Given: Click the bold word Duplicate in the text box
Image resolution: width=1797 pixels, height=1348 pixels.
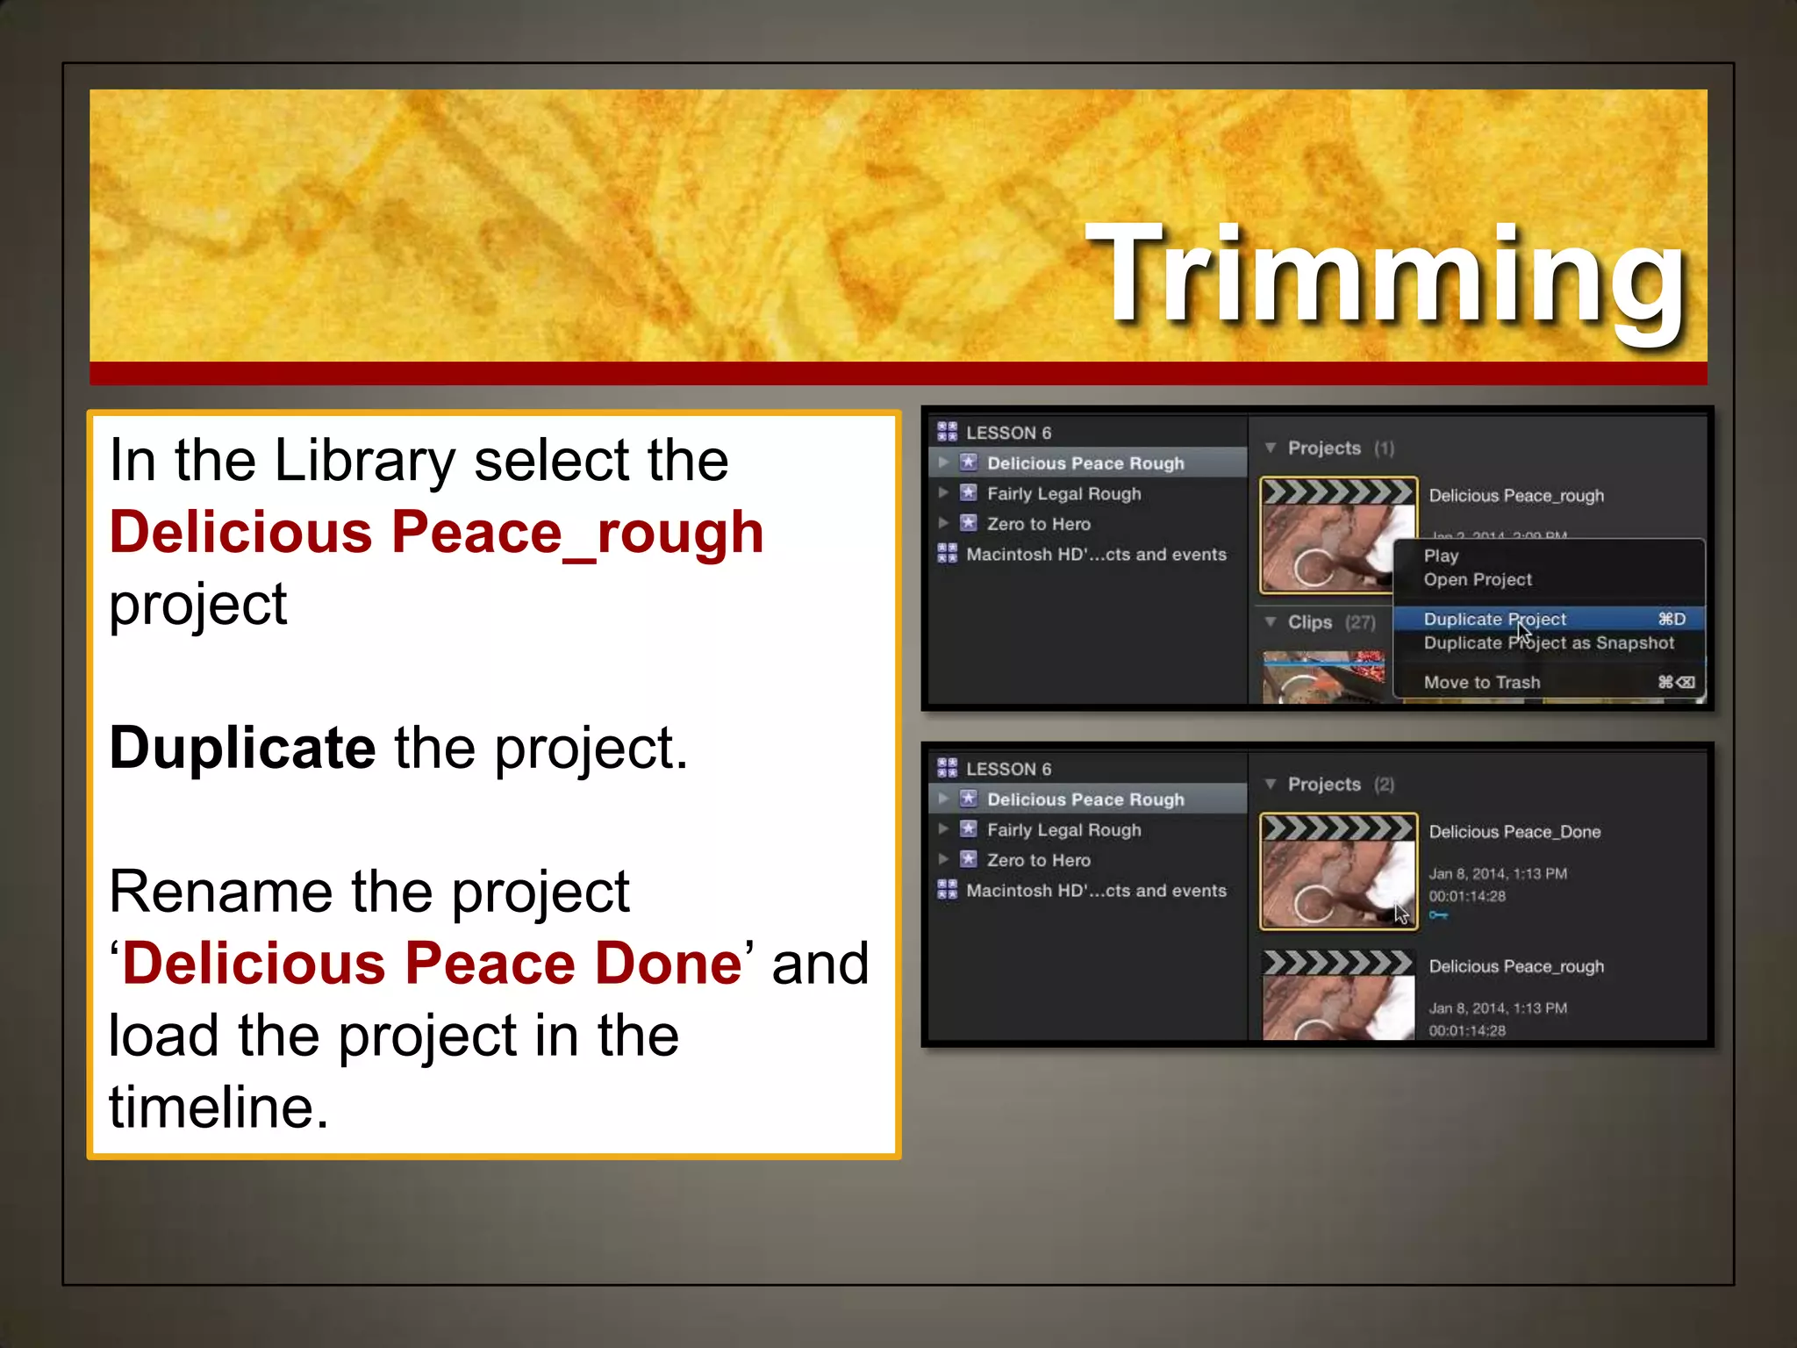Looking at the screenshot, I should (242, 748).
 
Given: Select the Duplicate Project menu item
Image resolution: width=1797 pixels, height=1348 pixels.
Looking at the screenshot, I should (1494, 619).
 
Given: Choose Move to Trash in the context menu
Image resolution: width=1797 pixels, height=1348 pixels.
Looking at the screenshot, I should (1481, 682).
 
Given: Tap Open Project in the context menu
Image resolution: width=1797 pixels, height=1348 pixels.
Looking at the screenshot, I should (1478, 579).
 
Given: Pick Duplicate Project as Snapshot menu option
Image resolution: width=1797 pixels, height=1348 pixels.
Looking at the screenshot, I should (1549, 642).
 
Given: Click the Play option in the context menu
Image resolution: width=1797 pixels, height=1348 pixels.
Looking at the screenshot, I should (1441, 556).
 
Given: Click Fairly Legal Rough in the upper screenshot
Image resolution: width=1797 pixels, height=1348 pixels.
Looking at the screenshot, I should (1063, 493).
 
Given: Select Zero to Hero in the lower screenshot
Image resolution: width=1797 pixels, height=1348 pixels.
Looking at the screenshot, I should (1038, 860).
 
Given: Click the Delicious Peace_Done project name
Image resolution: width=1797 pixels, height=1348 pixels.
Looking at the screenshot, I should (1514, 831).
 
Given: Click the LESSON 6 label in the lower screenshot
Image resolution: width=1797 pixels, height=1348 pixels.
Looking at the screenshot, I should (1008, 769).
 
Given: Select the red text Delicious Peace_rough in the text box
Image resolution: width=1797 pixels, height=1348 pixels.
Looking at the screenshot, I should (436, 533).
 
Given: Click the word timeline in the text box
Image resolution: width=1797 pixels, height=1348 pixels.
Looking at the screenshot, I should (211, 1107).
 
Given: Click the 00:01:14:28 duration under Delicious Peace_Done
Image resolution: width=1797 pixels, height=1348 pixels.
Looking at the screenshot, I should (1466, 896).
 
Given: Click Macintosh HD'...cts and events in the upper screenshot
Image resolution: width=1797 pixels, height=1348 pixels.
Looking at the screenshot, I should (1096, 554).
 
